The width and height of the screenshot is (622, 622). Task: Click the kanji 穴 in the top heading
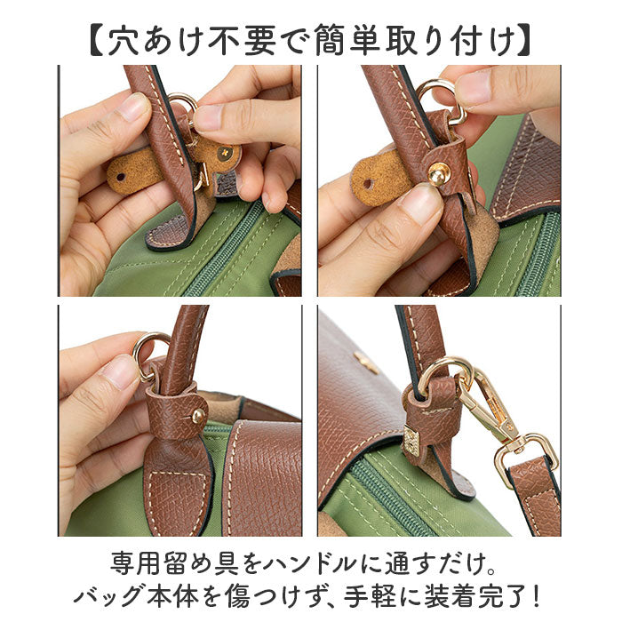pos(124,41)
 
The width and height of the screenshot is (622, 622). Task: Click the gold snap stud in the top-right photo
pos(437,175)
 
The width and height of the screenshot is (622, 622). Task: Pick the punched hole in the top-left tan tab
pos(120,176)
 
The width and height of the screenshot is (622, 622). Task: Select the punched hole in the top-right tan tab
pos(369,185)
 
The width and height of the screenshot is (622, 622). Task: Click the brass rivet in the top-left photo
pos(226,152)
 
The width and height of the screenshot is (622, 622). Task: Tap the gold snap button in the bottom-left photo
pos(198,415)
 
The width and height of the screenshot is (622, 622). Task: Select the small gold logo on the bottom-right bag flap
pos(367,362)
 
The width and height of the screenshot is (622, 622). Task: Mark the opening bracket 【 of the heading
pos(97,41)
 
